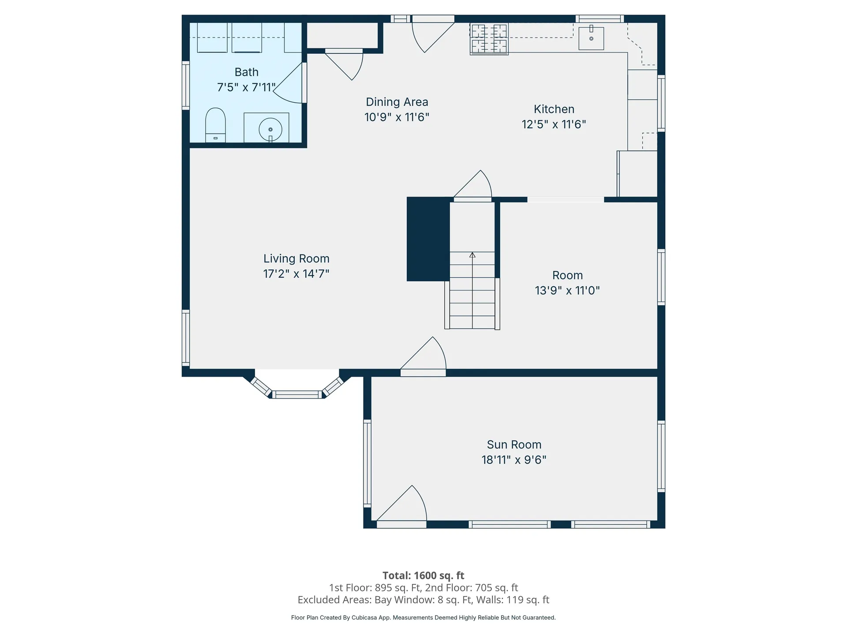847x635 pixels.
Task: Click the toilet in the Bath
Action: point(215,124)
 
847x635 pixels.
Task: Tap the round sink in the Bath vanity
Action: point(270,129)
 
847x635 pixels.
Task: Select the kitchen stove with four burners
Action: point(489,39)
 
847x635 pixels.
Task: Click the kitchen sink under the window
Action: point(591,38)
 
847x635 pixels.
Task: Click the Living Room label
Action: point(296,258)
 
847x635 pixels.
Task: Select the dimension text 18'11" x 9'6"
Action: point(513,460)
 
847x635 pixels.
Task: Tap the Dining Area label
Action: point(397,102)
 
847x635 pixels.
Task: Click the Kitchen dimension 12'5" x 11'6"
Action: point(554,124)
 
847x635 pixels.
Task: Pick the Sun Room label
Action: point(513,444)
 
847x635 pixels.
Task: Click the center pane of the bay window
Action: point(297,395)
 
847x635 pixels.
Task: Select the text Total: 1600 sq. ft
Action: point(423,575)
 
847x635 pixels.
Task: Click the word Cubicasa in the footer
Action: point(364,618)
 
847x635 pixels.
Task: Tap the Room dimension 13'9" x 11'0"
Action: point(567,291)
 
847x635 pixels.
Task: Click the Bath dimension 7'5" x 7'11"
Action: point(246,87)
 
